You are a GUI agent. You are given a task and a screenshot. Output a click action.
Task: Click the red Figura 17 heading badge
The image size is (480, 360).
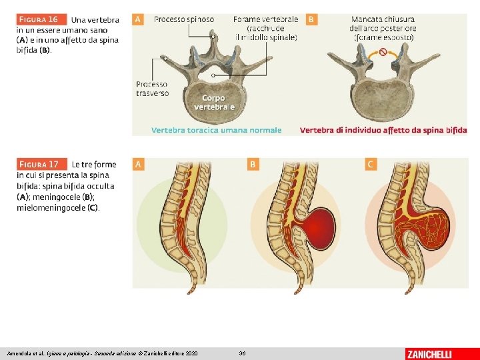click(42, 164)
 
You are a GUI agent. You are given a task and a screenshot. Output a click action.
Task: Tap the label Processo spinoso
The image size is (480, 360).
click(184, 19)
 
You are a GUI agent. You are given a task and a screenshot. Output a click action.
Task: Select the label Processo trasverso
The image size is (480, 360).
click(152, 89)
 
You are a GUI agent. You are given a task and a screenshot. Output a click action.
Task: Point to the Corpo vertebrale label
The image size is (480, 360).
click(214, 102)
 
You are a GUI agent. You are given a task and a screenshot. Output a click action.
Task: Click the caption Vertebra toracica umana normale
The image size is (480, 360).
click(217, 131)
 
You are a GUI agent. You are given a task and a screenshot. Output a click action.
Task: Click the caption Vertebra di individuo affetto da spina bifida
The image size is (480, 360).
click(383, 131)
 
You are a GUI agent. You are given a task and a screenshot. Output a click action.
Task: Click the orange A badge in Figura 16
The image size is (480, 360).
click(138, 19)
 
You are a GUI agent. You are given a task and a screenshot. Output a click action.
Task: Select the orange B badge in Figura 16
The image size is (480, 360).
click(311, 19)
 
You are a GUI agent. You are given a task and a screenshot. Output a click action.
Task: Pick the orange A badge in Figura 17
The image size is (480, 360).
click(138, 163)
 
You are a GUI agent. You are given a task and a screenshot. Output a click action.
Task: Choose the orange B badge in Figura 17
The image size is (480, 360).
click(253, 163)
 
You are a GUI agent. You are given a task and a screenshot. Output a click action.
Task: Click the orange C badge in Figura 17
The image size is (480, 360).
click(371, 163)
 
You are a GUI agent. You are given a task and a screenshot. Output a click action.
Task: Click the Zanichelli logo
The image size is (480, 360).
click(429, 353)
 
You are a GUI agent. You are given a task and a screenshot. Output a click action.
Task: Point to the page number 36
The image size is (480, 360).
click(242, 353)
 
